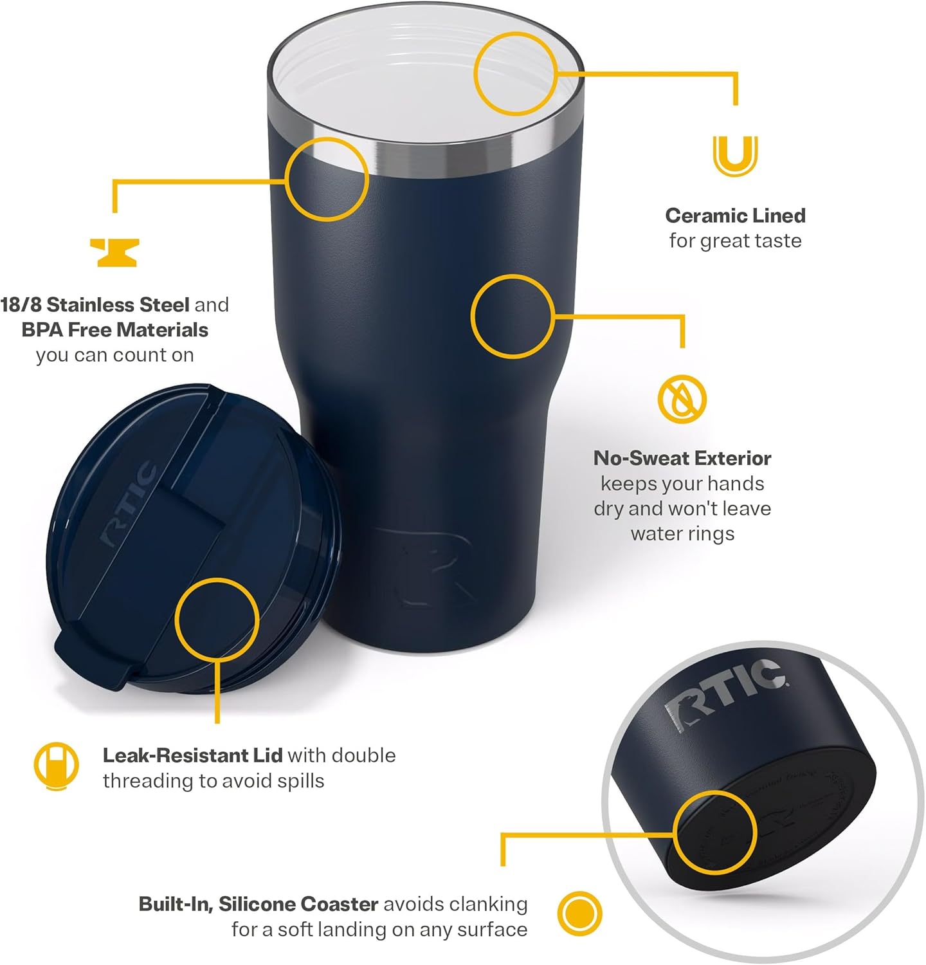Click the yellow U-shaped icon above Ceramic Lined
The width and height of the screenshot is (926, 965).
734,155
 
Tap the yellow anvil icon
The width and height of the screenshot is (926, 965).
114,252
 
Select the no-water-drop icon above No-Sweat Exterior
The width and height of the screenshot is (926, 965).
682,399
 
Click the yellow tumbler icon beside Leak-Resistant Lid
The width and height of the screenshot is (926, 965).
56,766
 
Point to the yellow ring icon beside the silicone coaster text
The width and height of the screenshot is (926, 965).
579,914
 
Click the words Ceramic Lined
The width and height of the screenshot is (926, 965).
735,216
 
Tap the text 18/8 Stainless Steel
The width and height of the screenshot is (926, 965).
95,304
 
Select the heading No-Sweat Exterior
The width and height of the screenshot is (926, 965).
682,458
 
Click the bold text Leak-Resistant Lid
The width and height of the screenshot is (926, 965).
192,755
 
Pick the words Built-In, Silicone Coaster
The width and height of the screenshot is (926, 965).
259,904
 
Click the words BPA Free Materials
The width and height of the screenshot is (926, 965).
114,330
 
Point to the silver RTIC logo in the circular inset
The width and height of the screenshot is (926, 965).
723,695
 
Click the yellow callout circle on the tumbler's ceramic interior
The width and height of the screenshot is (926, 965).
515,74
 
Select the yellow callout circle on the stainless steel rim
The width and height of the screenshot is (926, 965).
327,179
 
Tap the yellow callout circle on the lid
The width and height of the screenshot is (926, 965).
217,619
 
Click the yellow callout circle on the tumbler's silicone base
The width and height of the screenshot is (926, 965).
714,832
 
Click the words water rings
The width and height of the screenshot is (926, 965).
682,534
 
